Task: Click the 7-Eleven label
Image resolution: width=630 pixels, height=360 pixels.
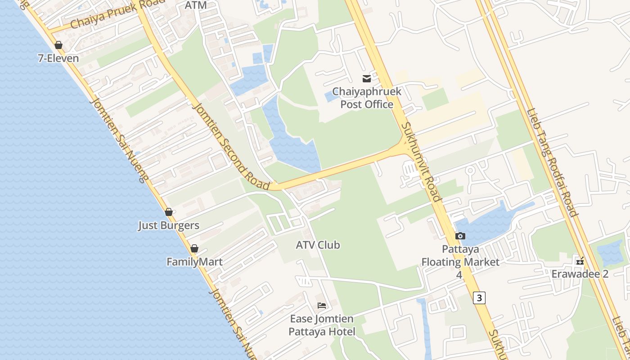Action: point(59,58)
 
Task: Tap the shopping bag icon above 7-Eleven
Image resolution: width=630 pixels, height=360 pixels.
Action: point(58,45)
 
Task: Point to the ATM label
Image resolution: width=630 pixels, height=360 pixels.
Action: point(196,5)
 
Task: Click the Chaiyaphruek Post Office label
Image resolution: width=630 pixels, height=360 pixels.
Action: point(366,98)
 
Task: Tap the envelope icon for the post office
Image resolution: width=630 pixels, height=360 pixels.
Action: point(367,79)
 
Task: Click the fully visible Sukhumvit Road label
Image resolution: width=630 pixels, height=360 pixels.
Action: point(421,162)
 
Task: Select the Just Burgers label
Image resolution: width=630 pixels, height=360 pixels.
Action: point(169,225)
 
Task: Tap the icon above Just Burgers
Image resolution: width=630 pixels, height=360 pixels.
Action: point(169,212)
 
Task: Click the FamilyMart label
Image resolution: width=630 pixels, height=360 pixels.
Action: point(194,262)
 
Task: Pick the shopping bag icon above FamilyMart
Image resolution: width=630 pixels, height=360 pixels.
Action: point(194,248)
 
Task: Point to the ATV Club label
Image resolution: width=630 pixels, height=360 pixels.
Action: point(318,245)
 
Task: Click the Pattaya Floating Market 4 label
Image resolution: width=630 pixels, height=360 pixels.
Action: point(460,261)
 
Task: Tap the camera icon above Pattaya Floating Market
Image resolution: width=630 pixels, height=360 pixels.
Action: point(460,236)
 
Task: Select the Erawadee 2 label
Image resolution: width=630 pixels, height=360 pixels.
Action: point(580,274)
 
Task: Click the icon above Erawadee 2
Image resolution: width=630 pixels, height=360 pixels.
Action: point(580,261)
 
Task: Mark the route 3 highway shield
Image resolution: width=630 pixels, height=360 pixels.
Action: point(479,297)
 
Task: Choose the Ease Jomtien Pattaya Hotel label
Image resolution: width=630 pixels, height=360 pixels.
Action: point(322,325)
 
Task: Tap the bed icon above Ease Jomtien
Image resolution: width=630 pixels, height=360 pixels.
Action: point(322,306)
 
